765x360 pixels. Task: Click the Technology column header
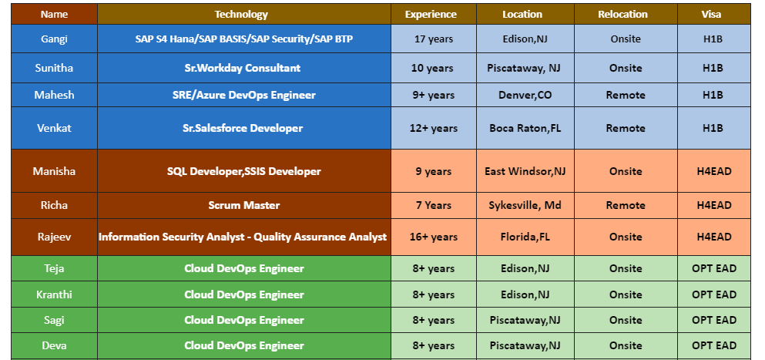(241, 14)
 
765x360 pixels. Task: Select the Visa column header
(713, 14)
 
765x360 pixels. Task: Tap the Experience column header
(431, 14)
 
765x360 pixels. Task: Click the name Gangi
(54, 39)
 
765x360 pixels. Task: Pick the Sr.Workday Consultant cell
(243, 68)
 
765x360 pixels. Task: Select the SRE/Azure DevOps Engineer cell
(243, 95)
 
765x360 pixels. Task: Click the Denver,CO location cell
(524, 95)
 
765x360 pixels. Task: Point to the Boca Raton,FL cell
(524, 128)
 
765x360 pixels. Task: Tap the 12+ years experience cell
(434, 128)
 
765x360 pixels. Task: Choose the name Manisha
(54, 171)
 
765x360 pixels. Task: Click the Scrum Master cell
(243, 205)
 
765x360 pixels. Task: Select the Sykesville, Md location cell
(524, 205)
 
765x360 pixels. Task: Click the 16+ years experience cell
(434, 237)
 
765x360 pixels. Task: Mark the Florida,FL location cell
(524, 237)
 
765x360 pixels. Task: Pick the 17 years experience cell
(434, 39)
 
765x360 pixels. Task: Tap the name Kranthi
(54, 294)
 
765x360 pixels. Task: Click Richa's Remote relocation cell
(625, 205)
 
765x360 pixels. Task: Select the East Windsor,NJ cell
(525, 171)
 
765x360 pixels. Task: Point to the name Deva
(54, 345)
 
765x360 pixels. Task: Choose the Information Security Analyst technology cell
(243, 237)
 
